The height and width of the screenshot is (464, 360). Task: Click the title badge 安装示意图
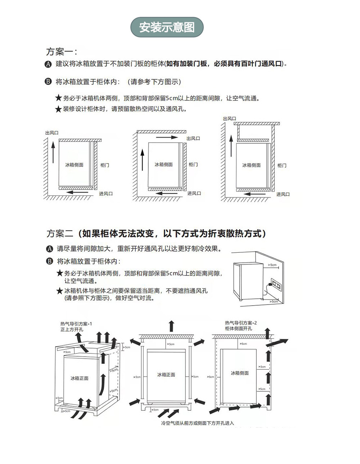click(x=167, y=27)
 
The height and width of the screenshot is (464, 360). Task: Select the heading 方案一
click(x=61, y=52)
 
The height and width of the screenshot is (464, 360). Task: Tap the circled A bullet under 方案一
click(x=48, y=64)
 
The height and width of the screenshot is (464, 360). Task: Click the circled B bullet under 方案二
click(x=50, y=261)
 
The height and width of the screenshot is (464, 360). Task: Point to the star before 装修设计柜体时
click(x=58, y=109)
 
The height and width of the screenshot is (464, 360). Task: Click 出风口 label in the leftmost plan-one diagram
click(x=52, y=133)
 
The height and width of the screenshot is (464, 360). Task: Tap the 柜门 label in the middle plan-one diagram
click(x=193, y=165)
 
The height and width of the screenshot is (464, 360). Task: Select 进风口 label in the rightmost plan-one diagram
click(x=283, y=194)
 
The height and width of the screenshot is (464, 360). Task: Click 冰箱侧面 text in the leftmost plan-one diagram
click(x=74, y=165)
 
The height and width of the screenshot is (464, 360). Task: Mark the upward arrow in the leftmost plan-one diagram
click(x=53, y=152)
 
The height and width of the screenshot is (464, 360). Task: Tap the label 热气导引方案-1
click(x=76, y=324)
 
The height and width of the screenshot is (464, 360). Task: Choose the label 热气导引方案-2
click(x=241, y=323)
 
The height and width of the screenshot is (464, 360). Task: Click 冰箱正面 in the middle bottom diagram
click(x=166, y=375)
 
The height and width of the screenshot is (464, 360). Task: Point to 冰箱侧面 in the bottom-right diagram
click(x=240, y=373)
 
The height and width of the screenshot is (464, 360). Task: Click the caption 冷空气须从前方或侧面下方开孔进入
click(x=197, y=423)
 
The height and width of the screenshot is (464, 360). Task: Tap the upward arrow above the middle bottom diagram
click(x=171, y=326)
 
